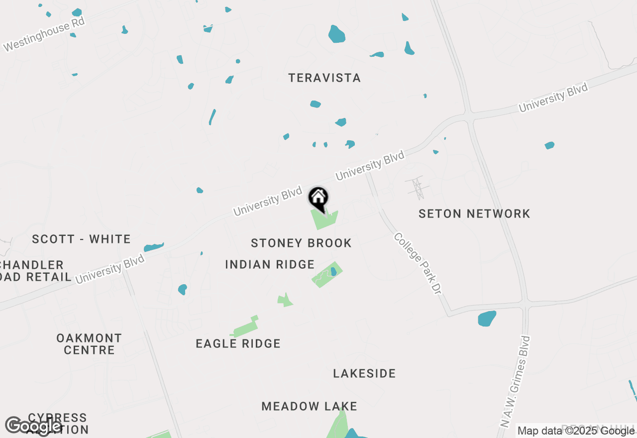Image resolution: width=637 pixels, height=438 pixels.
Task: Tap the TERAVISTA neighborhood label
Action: pyautogui.click(x=324, y=78)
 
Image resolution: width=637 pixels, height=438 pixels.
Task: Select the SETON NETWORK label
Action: pyautogui.click(x=474, y=214)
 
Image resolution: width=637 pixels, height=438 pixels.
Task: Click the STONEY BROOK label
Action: pyautogui.click(x=301, y=243)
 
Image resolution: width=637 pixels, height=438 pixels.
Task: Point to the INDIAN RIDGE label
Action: pyautogui.click(x=270, y=264)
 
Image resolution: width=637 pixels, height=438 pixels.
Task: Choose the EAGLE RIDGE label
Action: pyautogui.click(x=238, y=344)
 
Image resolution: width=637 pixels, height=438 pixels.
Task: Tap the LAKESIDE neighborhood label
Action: pyautogui.click(x=364, y=374)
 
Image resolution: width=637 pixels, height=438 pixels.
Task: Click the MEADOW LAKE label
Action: pyautogui.click(x=309, y=407)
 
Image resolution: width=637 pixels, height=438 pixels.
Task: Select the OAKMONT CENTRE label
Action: pyautogui.click(x=89, y=344)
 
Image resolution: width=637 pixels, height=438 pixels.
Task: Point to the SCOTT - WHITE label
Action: pyautogui.click(x=81, y=239)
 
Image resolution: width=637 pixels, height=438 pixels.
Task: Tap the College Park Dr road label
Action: pyautogui.click(x=418, y=263)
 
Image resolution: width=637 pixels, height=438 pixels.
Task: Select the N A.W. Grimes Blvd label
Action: pyautogui.click(x=515, y=381)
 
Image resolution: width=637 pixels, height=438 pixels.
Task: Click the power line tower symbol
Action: pyautogui.click(x=417, y=188)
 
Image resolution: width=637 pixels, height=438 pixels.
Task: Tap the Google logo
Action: pyautogui.click(x=33, y=426)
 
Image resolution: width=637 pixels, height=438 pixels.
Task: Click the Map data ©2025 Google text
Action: pyautogui.click(x=576, y=431)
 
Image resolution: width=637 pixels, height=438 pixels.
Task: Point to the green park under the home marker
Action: pyautogui.click(x=322, y=219)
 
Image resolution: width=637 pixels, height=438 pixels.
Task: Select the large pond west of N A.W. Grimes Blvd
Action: pyautogui.click(x=487, y=319)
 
